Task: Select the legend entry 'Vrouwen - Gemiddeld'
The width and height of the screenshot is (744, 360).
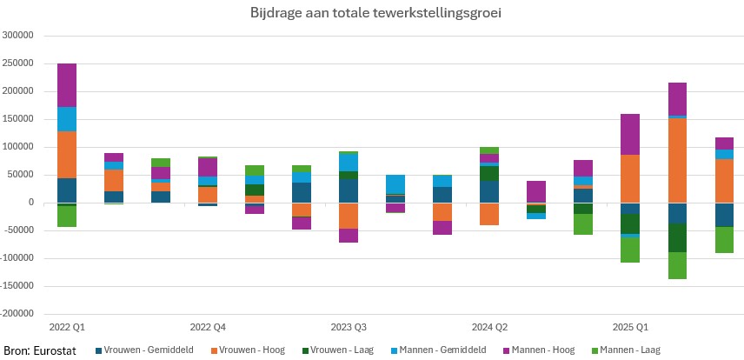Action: pos(136,350)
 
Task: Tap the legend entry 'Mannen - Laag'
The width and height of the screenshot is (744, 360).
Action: pos(629,350)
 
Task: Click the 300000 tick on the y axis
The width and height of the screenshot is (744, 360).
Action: pos(18,36)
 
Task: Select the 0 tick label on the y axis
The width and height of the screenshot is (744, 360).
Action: pos(30,203)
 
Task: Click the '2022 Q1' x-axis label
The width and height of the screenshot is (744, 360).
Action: pos(67,327)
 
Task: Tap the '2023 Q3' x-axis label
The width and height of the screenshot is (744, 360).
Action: pos(349,327)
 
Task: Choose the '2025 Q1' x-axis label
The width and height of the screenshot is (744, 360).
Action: pos(630,327)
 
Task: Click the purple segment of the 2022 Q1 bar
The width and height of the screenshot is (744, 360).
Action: pos(67,85)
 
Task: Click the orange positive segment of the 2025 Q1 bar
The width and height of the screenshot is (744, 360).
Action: pos(630,178)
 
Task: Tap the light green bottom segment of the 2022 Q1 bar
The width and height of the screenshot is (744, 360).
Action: pos(67,217)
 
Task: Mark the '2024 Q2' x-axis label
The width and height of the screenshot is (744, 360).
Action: pos(489,327)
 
